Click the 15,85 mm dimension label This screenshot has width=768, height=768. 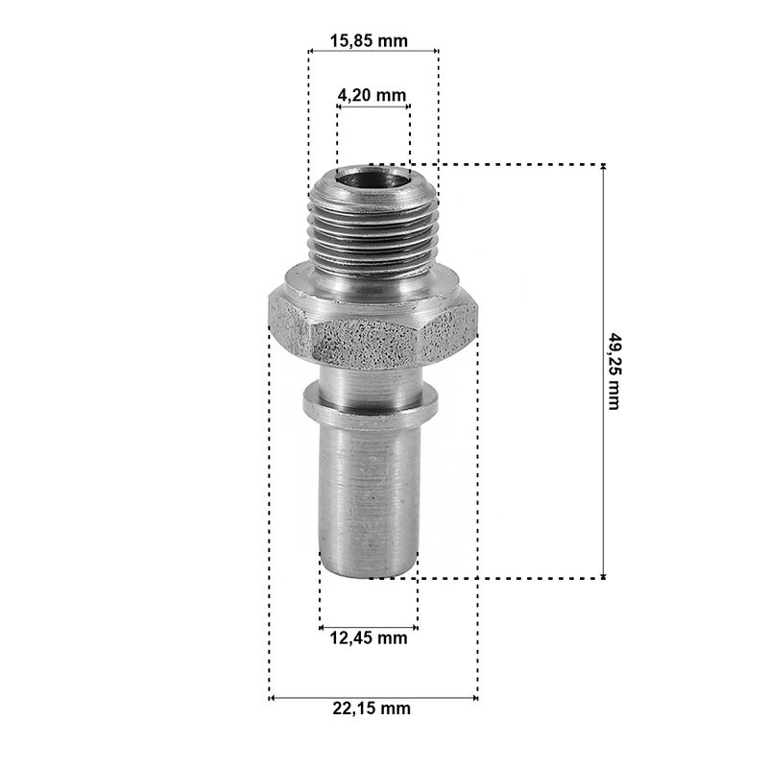coord(369,40)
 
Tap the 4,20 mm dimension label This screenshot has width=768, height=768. coord(372,95)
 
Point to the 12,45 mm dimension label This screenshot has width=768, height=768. coord(369,637)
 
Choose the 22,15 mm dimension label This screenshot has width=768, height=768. coord(372,708)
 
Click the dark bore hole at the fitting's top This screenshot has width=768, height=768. coord(373,179)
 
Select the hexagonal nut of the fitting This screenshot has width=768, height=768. coord(373,327)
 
